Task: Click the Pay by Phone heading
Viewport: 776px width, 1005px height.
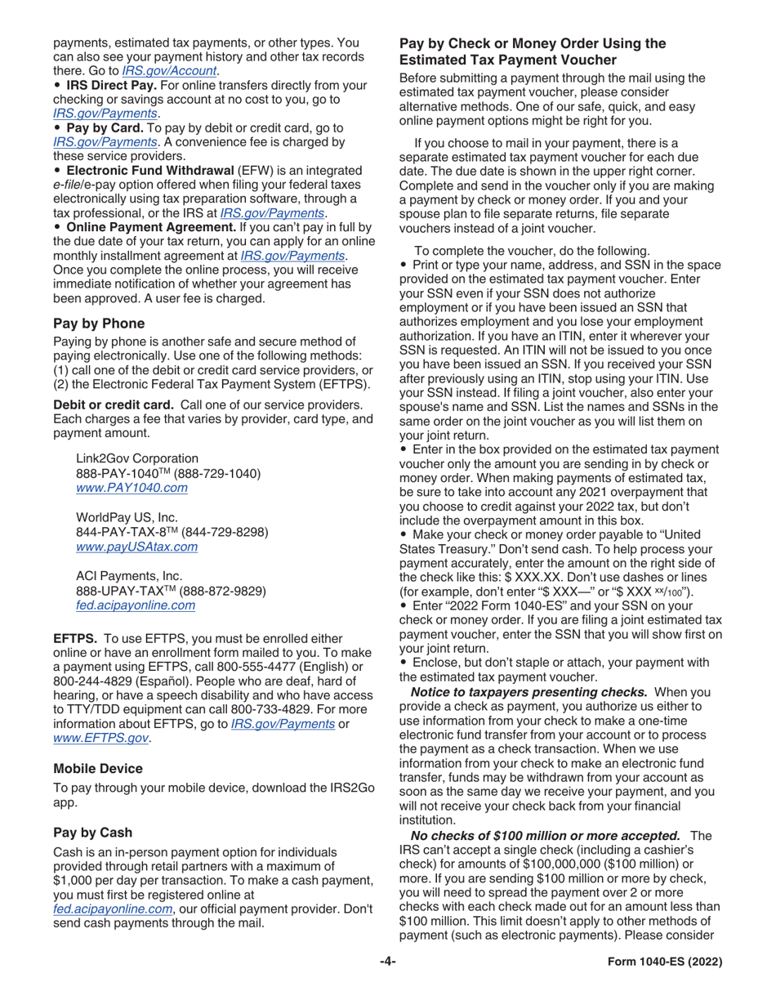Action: [x=99, y=323]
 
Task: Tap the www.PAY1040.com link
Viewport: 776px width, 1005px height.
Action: [x=131, y=489]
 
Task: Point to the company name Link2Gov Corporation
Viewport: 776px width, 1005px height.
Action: [x=137, y=458]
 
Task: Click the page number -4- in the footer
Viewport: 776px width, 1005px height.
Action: [x=387, y=962]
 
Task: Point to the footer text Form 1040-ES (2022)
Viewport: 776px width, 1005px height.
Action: [x=667, y=963]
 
